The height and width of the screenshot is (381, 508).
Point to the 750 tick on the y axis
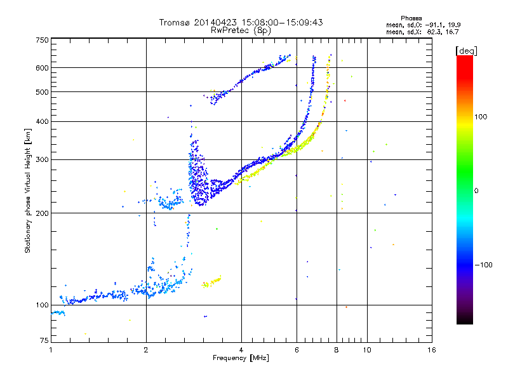(x=43, y=40)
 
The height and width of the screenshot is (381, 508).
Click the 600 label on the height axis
(x=43, y=68)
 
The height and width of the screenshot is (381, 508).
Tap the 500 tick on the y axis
(x=43, y=92)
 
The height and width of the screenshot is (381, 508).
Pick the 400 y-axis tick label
(x=43, y=121)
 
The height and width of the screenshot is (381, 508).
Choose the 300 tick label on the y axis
(x=43, y=159)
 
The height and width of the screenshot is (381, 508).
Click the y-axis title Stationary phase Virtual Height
(x=28, y=190)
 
